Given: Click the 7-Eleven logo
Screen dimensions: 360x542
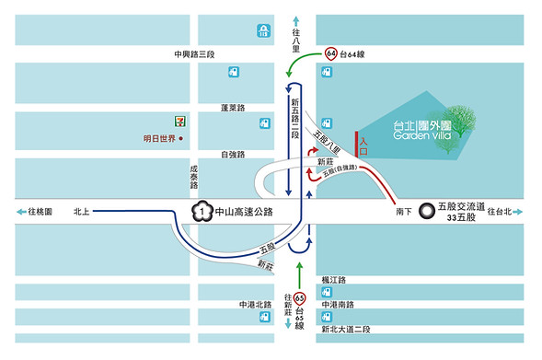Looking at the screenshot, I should pos(170,121).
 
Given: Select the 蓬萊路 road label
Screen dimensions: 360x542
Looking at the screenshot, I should pos(233,108).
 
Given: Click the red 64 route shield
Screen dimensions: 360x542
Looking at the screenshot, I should pos(329,54).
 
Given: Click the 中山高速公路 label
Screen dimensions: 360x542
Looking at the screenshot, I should pos(243,213).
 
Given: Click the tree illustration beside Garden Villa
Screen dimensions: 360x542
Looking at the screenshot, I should pos(464,121).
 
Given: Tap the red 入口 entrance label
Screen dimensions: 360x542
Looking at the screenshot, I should pos(364,145).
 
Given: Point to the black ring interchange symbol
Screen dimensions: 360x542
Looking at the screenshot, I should pos(426,211).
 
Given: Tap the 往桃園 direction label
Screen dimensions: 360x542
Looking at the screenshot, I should pos(40,213).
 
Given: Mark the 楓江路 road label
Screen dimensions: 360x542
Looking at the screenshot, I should pos(333,279).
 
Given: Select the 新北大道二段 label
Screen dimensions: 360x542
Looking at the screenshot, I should pos(346,330).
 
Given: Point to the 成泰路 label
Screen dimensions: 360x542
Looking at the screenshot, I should pos(194,177).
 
